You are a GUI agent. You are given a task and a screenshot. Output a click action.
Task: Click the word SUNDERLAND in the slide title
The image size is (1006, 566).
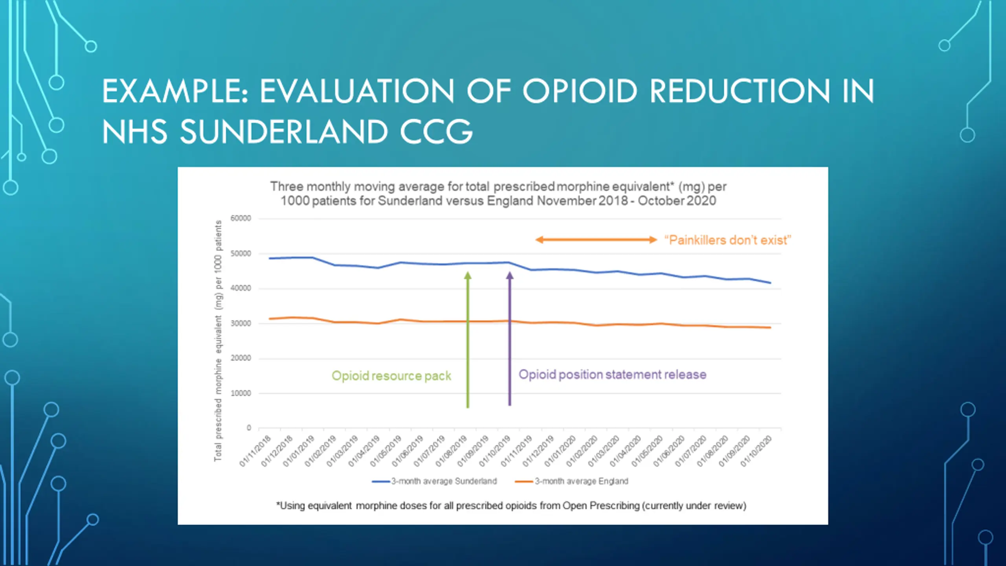point(284,131)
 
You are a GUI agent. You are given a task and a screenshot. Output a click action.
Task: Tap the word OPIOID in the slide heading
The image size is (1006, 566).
point(579,91)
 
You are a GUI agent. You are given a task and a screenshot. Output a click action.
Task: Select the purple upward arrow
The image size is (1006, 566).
point(510,338)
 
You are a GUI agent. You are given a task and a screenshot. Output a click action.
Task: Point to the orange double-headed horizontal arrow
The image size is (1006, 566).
point(596,240)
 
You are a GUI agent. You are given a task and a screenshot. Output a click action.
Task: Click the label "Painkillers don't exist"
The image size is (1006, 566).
point(728,240)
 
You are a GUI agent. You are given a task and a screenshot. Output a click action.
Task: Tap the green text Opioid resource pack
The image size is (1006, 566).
point(391,376)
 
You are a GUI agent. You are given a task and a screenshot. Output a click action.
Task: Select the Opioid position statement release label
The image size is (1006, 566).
point(612,375)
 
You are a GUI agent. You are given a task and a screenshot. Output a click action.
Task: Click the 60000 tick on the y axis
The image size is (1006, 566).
point(240,219)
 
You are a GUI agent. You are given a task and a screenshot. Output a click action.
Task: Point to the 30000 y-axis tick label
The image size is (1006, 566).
point(240,323)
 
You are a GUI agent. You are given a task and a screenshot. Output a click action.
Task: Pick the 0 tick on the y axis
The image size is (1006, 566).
point(248,428)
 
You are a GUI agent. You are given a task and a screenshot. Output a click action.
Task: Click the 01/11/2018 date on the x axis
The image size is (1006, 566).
point(255,451)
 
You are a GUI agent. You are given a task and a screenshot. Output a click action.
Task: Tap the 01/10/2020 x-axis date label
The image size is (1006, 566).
point(756,451)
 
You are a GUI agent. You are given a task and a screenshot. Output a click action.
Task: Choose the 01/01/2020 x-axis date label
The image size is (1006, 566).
point(560,451)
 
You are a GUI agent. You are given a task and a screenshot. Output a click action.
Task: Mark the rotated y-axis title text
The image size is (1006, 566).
point(218,340)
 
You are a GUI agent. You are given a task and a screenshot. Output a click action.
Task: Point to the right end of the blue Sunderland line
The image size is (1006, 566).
point(770,283)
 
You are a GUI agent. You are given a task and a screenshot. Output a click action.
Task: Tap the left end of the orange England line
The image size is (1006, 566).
point(270,319)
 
